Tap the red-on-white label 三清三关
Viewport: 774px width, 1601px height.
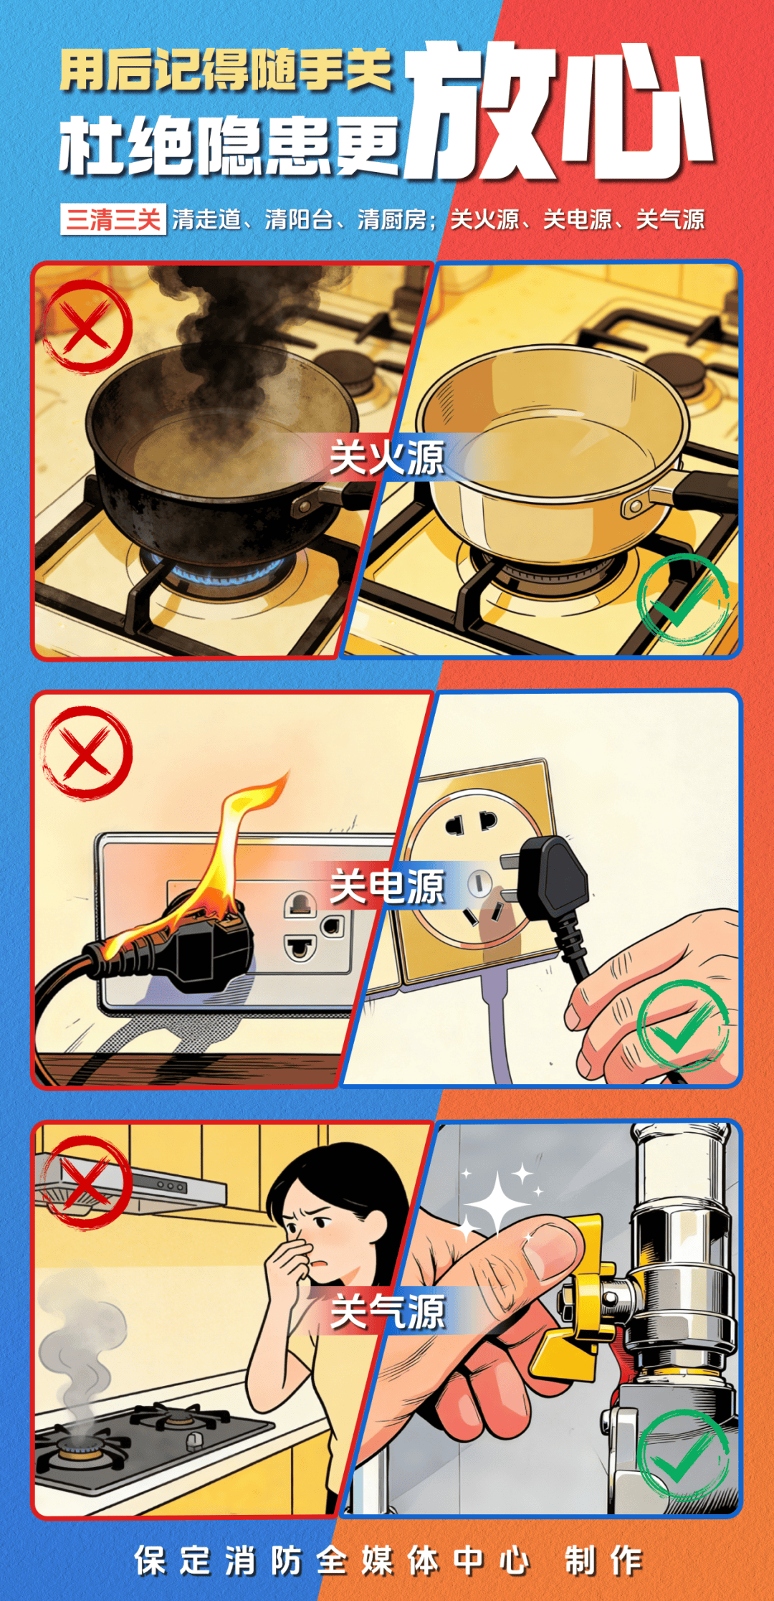113,219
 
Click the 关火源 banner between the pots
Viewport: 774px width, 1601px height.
387,457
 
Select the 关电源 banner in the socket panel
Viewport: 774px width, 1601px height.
387,886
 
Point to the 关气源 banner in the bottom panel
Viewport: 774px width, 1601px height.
387,1312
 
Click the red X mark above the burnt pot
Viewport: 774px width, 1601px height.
87,327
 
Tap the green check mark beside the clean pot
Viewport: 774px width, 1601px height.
683,599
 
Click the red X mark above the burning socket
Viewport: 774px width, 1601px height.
87,753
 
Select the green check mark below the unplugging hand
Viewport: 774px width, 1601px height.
683,1026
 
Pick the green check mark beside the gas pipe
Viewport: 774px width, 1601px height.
683,1455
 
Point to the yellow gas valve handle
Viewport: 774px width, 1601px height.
573,1305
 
